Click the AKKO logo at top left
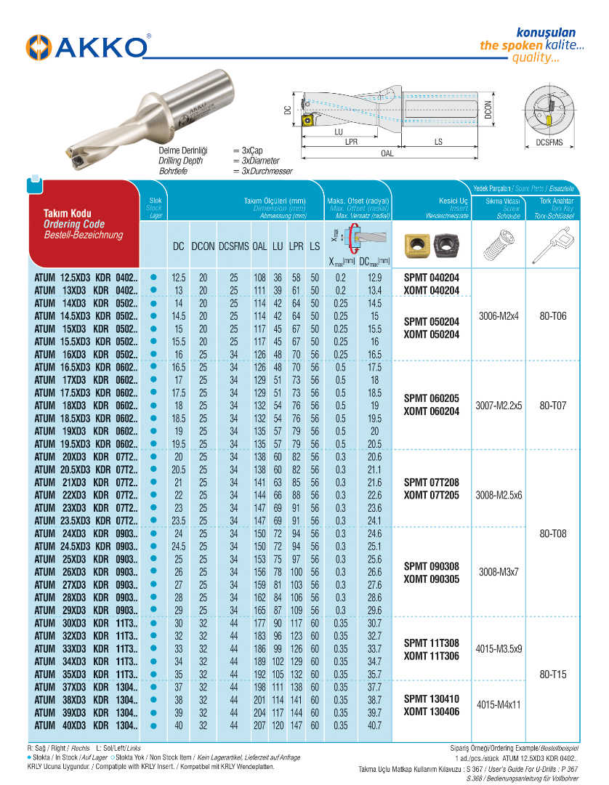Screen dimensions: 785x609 pos(87,47)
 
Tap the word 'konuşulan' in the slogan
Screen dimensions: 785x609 pos(545,33)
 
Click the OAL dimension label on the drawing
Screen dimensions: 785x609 pos(387,154)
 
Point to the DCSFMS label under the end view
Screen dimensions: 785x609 pos(549,143)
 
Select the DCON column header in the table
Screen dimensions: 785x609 pos(203,246)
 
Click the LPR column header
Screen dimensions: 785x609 pos(296,246)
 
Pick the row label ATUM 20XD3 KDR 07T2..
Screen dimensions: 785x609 pos(86,456)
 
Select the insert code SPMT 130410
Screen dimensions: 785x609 pos(432,699)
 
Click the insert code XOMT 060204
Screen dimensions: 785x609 pos(432,411)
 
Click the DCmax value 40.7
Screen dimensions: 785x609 pos(374,725)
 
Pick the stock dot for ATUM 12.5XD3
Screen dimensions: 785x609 pos(153,278)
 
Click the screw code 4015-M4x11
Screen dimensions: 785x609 pos(499,705)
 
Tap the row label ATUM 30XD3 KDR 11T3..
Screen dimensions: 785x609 pos(86,623)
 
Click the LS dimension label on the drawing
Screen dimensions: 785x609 pos(438,142)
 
